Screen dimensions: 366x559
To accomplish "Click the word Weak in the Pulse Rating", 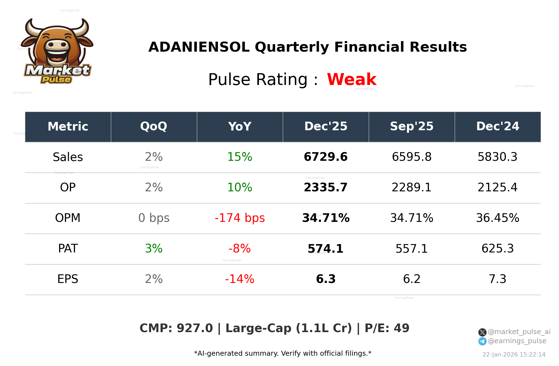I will pos(352,79).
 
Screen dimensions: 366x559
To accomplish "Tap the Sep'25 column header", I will pos(412,126).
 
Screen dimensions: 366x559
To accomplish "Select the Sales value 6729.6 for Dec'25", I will pos(326,157).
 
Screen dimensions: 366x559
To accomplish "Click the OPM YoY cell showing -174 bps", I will pos(240,218).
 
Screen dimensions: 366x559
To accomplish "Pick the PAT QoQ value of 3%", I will pos(154,249).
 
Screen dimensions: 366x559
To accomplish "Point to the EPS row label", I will pos(68,279).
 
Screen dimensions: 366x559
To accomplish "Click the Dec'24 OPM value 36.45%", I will pos(497,218).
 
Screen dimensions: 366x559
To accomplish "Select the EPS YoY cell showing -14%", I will pos(240,279).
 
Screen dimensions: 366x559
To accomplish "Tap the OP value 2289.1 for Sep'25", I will pos(411,187).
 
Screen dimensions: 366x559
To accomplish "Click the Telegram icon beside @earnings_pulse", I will pos(482,341).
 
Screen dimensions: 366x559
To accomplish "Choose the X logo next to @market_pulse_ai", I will pos(482,332).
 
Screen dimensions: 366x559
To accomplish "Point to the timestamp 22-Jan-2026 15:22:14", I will pos(514,355).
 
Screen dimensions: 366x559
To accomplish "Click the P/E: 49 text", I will pos(387,328).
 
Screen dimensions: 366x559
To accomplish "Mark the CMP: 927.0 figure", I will pos(176,328).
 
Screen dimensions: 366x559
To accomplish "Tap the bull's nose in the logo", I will pos(57,45).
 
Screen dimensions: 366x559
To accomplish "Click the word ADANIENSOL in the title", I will pos(199,47).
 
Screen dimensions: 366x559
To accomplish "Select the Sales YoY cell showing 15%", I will pos(240,157).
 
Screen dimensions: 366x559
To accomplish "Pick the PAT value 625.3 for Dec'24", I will pos(497,249).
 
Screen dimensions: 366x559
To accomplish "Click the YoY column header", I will pos(240,126).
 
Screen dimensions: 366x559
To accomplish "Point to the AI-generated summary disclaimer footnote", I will pos(283,354).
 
